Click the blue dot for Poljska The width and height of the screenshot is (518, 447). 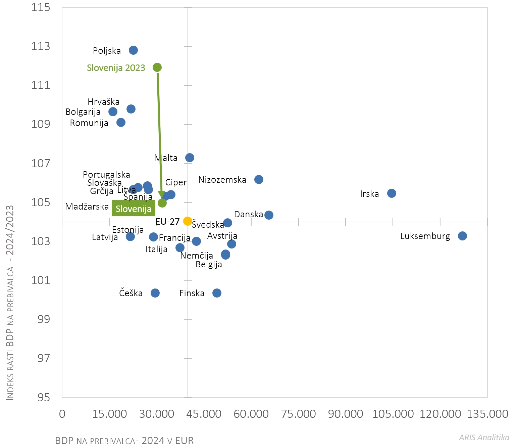click(133, 50)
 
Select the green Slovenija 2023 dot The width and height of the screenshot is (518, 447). click(157, 68)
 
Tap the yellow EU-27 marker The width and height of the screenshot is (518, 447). click(188, 221)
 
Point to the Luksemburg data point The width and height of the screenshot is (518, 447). click(462, 236)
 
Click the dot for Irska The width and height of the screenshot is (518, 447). click(392, 193)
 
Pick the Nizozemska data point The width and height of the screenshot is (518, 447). click(259, 179)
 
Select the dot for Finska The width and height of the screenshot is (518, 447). click(217, 293)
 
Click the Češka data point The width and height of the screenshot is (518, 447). click(155, 293)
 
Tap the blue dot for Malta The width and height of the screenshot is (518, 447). click(190, 158)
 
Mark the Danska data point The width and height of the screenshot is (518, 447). click(269, 215)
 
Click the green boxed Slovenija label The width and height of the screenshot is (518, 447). click(134, 209)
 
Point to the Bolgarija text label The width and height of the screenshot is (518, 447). click(83, 112)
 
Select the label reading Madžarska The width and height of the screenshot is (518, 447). click(87, 207)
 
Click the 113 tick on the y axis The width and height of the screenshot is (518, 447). click(41, 46)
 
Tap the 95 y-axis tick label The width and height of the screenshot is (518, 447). click(44, 398)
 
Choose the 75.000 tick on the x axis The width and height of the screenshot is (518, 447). click(298, 414)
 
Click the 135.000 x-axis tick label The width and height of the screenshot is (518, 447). click(487, 414)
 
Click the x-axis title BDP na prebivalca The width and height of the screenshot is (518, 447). click(124, 441)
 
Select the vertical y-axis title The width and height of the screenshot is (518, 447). click(10, 302)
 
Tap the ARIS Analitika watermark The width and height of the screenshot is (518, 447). click(484, 437)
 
